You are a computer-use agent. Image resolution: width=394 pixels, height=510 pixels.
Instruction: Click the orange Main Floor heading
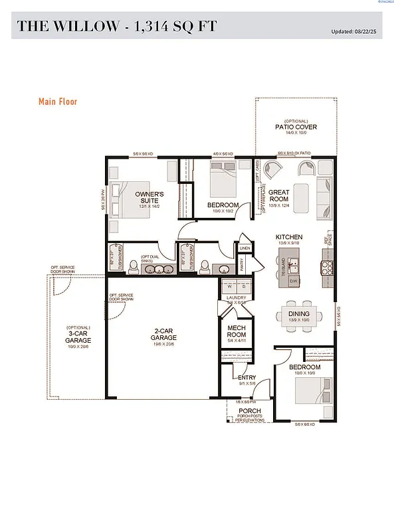pyautogui.click(x=58, y=102)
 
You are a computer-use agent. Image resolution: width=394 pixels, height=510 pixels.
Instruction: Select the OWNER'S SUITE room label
pyautogui.click(x=149, y=197)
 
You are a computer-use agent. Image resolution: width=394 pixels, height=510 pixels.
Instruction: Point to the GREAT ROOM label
pyautogui.click(x=278, y=195)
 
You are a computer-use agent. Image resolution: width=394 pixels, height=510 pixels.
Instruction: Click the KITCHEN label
pyautogui.click(x=289, y=237)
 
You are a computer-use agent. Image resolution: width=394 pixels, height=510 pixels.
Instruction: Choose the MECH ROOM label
pyautogui.click(x=237, y=331)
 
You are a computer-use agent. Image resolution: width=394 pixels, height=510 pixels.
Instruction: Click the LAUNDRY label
pyautogui.click(x=236, y=298)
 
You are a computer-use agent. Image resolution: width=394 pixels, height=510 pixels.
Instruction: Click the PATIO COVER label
pyautogui.click(x=296, y=126)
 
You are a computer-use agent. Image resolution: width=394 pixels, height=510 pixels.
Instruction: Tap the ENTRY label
pyautogui.click(x=247, y=379)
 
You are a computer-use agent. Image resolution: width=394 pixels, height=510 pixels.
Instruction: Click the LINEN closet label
pyautogui.click(x=245, y=248)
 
